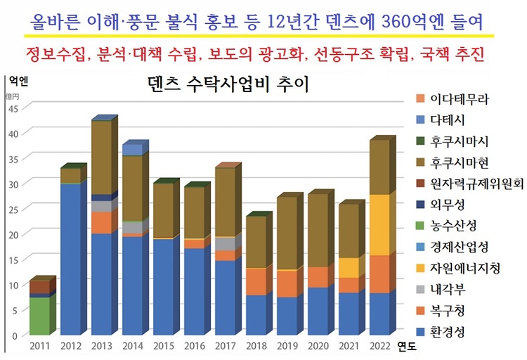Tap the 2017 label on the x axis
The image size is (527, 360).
point(224,346)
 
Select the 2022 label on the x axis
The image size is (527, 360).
point(379,346)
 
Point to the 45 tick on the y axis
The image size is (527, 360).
point(13,108)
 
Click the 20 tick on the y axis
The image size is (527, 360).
point(13,234)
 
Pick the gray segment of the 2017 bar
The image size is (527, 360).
point(224,244)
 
